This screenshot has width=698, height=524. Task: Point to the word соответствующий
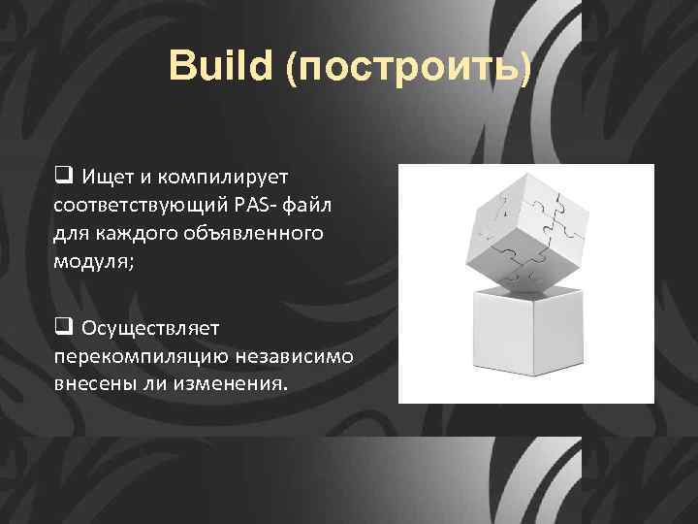pyautogui.click(x=140, y=206)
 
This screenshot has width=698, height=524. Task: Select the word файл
pyautogui.click(x=312, y=206)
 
